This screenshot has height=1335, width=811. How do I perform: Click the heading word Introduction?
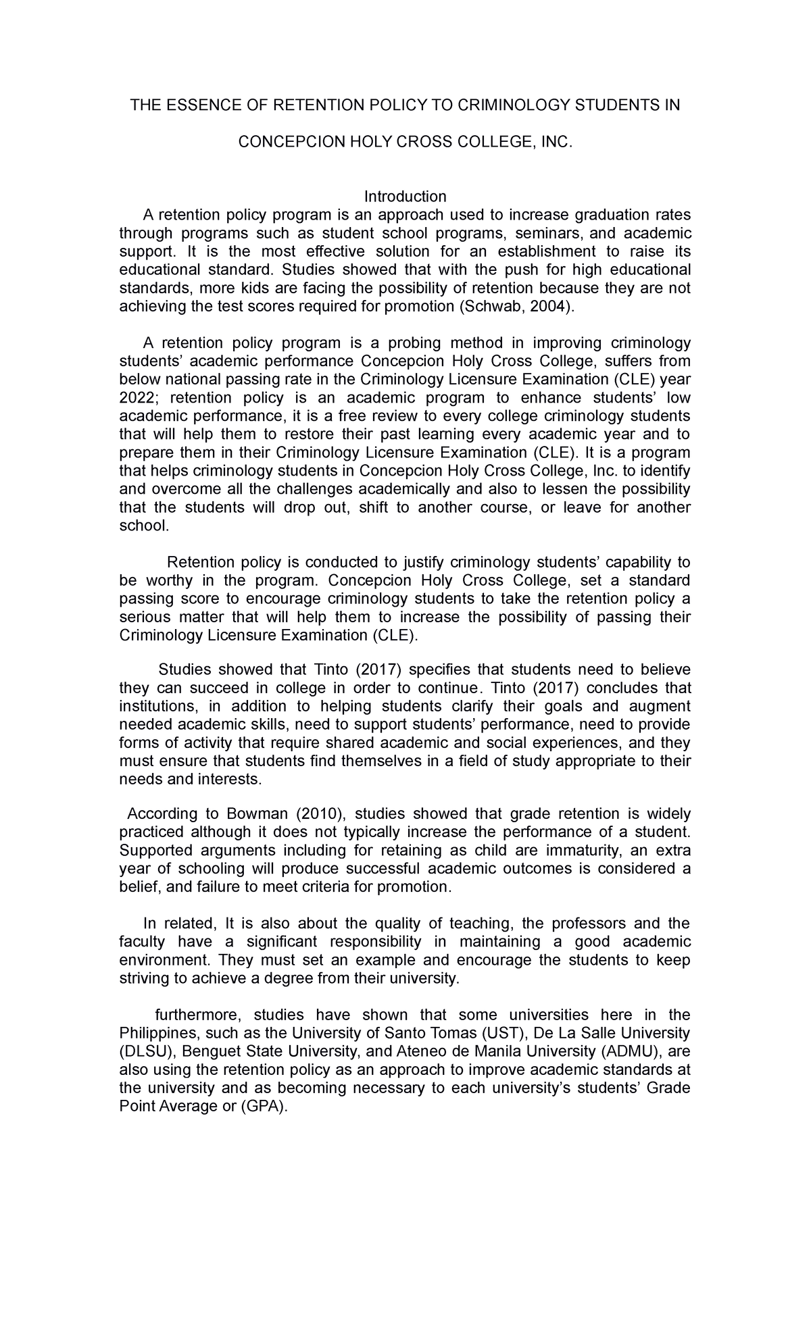405,197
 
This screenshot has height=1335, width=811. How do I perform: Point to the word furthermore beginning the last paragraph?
193,1015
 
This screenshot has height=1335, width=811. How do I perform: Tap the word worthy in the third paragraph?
161,580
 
